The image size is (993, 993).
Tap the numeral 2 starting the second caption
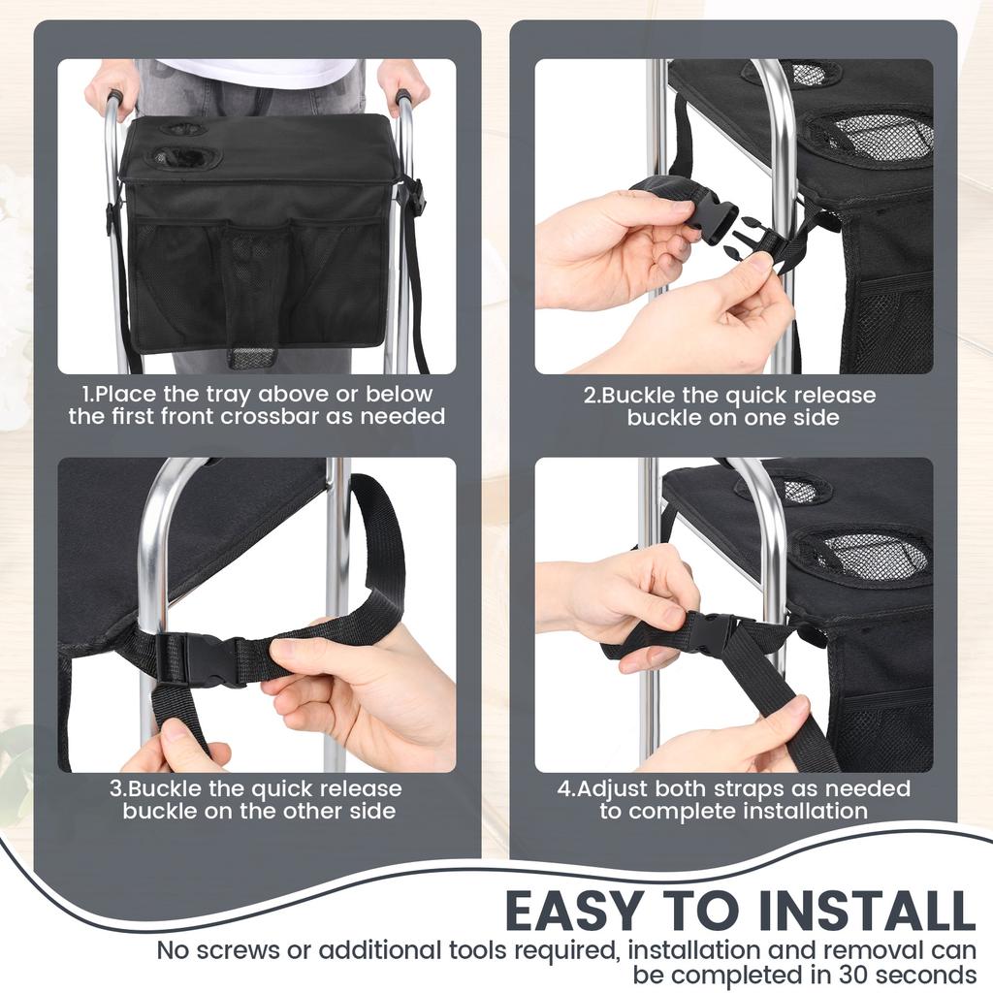coord(589,396)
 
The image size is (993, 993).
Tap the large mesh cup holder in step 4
coord(859,554)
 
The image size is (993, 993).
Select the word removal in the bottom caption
coord(827,949)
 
